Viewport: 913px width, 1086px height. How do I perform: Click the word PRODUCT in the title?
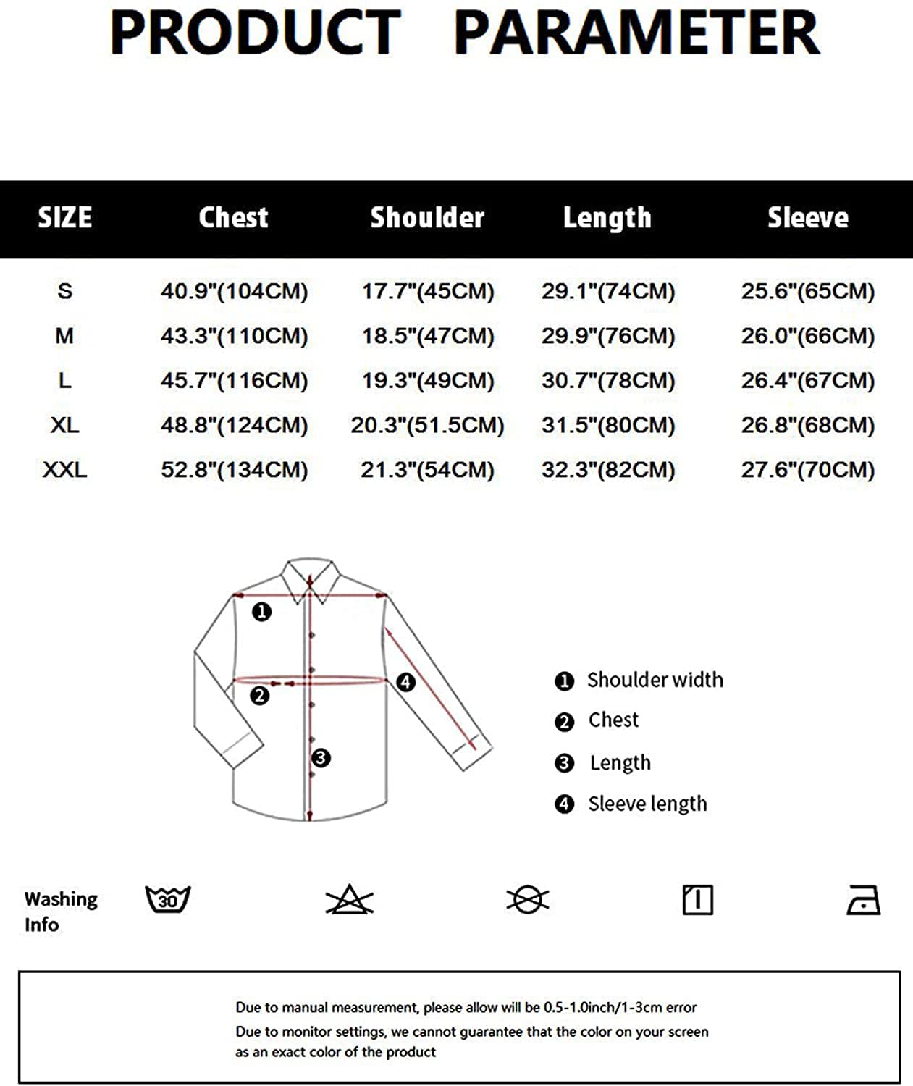click(x=255, y=33)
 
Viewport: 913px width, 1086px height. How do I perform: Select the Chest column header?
click(x=233, y=217)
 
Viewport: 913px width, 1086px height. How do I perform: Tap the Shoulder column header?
click(x=427, y=217)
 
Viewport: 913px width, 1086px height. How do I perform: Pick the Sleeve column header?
click(x=807, y=217)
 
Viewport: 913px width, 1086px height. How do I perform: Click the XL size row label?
click(x=64, y=425)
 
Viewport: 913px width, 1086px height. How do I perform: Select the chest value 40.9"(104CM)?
click(x=234, y=291)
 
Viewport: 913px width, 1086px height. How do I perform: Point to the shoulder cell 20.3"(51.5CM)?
click(x=427, y=425)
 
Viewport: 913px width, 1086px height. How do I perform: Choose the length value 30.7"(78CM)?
click(x=607, y=380)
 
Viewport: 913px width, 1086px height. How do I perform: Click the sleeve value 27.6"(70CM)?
click(x=807, y=470)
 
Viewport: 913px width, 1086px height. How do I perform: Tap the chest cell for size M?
click(x=234, y=336)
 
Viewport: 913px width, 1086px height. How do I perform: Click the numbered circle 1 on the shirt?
click(x=261, y=612)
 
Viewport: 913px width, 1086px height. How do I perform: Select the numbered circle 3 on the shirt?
click(x=321, y=758)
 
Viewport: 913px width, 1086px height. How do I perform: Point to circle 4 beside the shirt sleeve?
click(x=405, y=682)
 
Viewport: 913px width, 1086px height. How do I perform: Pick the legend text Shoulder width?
click(x=655, y=680)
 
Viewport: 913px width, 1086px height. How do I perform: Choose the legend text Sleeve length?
click(x=647, y=804)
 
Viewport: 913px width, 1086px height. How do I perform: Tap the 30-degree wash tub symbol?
click(x=167, y=900)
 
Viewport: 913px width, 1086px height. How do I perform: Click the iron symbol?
click(x=863, y=901)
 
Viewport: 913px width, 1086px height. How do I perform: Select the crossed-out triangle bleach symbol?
click(x=349, y=900)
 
